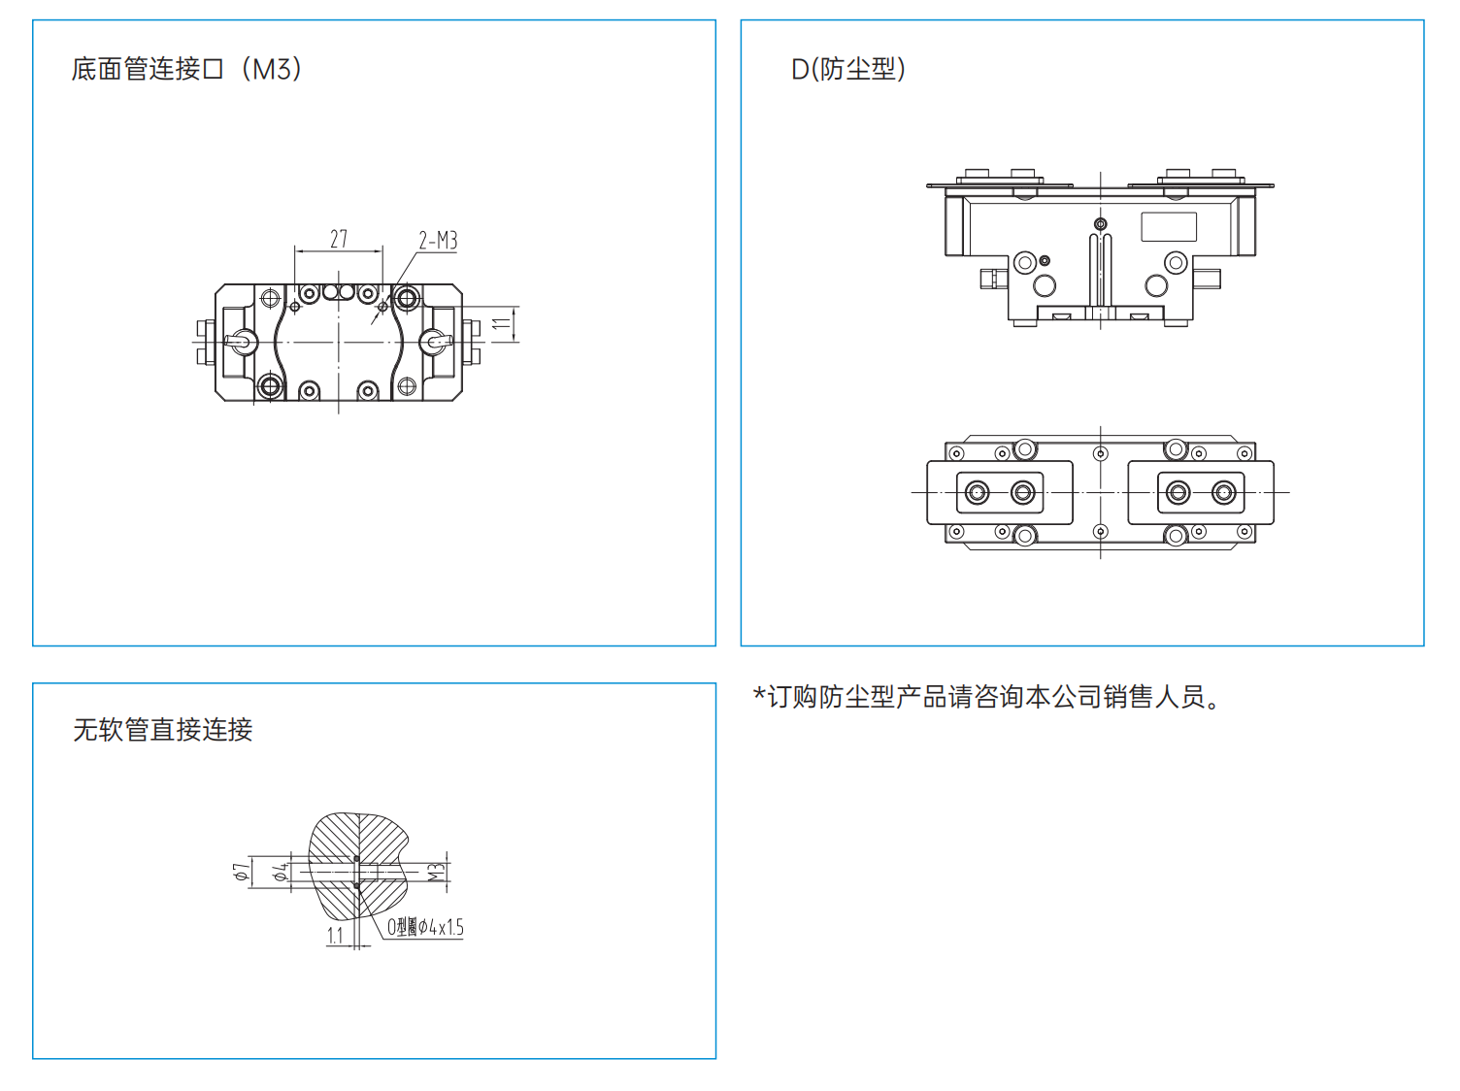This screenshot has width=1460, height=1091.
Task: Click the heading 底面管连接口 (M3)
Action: coord(186,69)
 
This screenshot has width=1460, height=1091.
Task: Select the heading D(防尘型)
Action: coord(847,69)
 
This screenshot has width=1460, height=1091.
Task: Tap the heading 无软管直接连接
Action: coord(162,730)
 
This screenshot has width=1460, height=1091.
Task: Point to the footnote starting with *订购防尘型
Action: coord(986,697)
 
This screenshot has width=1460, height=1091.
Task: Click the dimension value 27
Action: coord(338,239)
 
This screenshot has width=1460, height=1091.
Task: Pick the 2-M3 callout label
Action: coord(438,240)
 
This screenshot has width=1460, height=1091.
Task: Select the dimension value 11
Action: coord(501,324)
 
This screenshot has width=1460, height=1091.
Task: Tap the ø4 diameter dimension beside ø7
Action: coord(281,872)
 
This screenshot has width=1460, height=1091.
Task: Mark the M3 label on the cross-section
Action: coord(437,872)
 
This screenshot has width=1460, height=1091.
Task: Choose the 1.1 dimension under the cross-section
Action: coord(335,936)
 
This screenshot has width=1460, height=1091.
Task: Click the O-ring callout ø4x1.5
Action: coord(425,928)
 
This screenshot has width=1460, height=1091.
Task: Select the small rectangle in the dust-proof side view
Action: coord(1168,226)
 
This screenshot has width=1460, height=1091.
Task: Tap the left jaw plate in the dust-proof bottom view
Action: coord(1000,492)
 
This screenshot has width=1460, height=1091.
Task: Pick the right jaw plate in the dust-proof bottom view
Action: coord(1201,492)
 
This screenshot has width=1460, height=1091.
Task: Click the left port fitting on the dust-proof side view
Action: coord(991,279)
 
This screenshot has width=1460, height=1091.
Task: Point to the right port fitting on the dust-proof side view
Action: coord(1209,279)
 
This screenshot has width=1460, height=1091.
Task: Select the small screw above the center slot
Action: coord(1100,224)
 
